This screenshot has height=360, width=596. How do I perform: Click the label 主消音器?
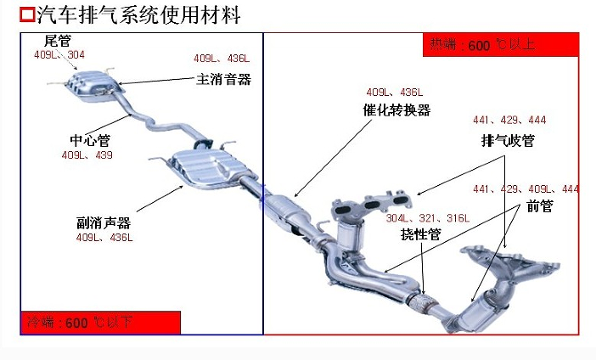click(224, 79)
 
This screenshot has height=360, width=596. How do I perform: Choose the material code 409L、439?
click(87, 155)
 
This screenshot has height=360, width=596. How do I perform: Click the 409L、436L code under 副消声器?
click(104, 238)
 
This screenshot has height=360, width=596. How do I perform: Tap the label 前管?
click(539, 205)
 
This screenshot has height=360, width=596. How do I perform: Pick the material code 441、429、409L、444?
click(526, 188)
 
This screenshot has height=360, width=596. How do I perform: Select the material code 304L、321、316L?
click(427, 218)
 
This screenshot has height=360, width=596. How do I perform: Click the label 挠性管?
click(420, 234)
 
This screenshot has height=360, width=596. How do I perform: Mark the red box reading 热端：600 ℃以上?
click(500, 45)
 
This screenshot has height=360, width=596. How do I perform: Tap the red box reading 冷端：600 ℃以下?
click(101, 323)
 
